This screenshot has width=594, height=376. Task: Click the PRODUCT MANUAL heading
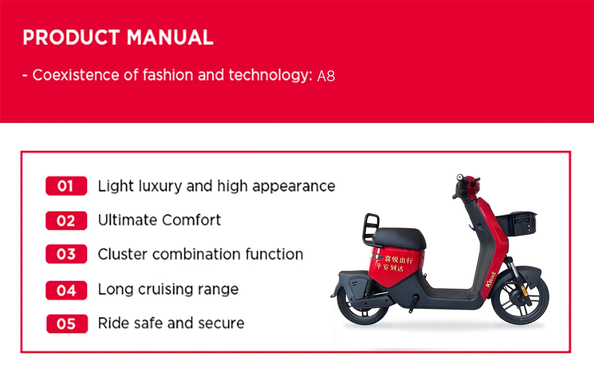pyautogui.click(x=118, y=38)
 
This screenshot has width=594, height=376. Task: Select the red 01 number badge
pyautogui.click(x=66, y=186)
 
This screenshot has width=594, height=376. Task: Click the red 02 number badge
pyautogui.click(x=66, y=220)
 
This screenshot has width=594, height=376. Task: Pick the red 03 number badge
pyautogui.click(x=66, y=255)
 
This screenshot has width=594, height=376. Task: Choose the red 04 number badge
pyautogui.click(x=66, y=290)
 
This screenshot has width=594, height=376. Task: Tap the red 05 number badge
pyautogui.click(x=66, y=324)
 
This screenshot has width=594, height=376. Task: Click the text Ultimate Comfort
pyautogui.click(x=159, y=220)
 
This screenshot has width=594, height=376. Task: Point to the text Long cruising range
pyautogui.click(x=168, y=289)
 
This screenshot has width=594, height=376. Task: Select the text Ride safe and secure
pyautogui.click(x=171, y=323)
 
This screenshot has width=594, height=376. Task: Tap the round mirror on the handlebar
pyautogui.click(x=460, y=177)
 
